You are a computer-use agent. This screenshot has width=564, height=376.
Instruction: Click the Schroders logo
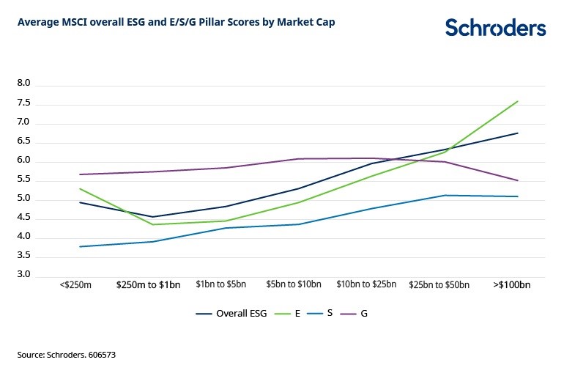tap(496, 28)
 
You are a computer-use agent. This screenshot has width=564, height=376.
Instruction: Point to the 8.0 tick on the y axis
tap(23, 84)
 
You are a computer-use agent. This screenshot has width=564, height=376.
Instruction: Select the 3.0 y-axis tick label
tap(23, 276)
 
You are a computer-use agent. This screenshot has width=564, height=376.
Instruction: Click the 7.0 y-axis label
tap(23, 122)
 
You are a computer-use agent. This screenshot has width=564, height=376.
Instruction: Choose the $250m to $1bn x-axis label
tap(148, 284)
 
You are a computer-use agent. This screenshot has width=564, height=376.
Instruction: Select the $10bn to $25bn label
tap(366, 284)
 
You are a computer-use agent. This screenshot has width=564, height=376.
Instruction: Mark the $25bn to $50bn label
tap(439, 284)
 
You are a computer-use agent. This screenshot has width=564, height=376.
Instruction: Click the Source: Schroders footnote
tap(67, 355)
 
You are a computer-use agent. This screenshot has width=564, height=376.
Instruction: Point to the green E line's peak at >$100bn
tap(518, 101)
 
